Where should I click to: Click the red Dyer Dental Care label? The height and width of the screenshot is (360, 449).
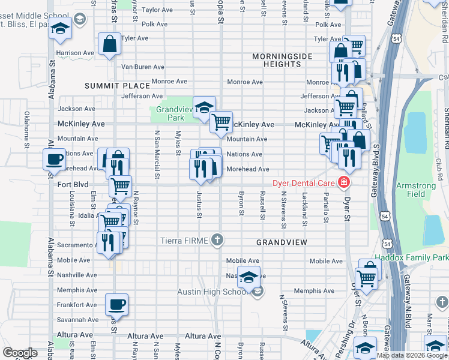[304, 182]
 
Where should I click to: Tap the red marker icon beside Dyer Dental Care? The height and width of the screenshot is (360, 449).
[344, 182]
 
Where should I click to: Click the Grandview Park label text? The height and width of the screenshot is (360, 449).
[174, 113]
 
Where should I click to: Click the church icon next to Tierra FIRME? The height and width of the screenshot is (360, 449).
[217, 241]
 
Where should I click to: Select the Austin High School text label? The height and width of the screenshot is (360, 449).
[212, 292]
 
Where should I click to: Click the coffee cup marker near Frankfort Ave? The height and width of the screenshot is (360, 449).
[116, 304]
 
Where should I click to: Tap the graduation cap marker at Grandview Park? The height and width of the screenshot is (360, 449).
[204, 106]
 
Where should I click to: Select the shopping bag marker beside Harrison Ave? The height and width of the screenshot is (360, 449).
[109, 44]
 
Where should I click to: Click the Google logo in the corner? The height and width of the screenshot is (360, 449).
[20, 353]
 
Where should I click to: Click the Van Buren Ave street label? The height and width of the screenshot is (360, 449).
[143, 67]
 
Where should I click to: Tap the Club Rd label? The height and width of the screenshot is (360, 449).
[441, 163]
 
